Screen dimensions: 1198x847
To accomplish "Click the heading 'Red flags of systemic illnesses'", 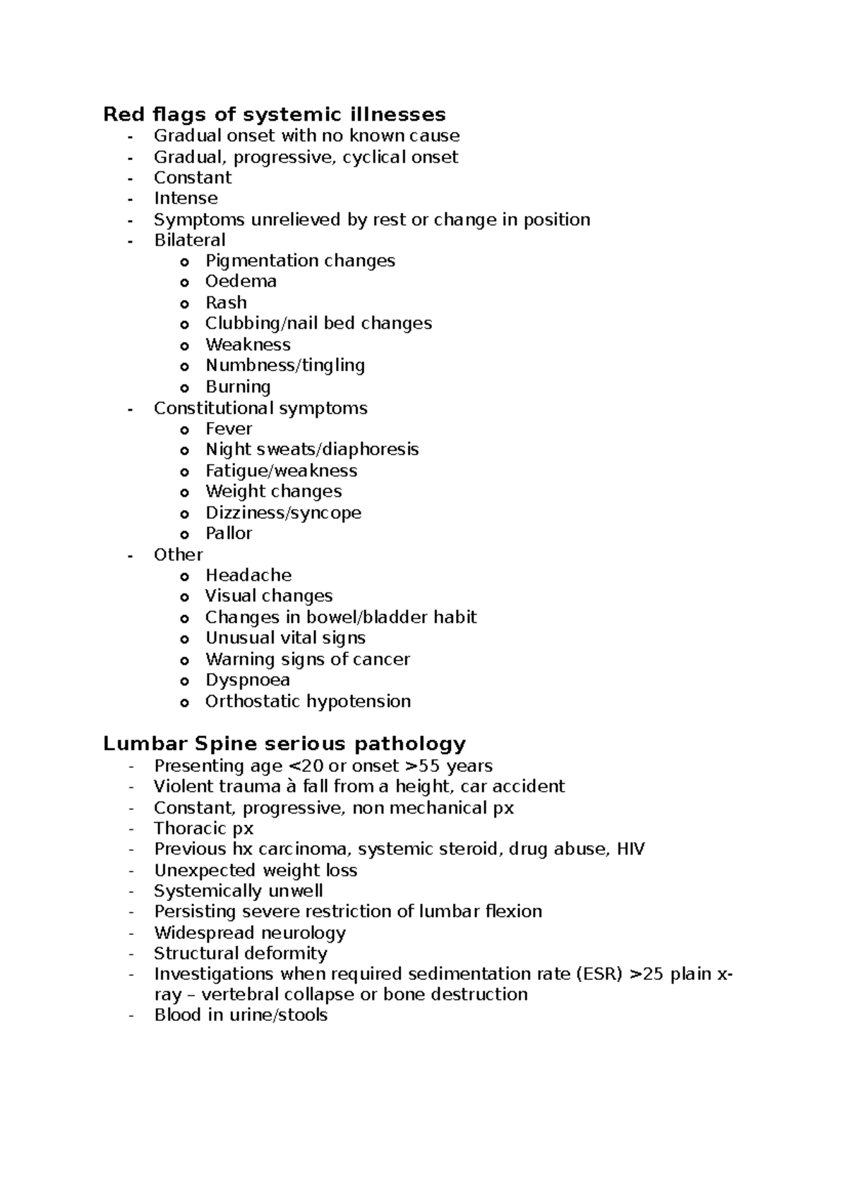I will (274, 114).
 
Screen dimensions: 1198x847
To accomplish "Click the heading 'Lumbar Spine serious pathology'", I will (284, 744).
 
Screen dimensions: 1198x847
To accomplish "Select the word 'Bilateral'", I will (189, 240).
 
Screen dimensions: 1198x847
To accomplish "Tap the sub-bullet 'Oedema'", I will (241, 282).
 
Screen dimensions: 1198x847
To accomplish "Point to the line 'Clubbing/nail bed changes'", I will (318, 323).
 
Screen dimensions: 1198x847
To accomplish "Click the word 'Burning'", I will (238, 387).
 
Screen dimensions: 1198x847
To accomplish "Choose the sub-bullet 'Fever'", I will (229, 429).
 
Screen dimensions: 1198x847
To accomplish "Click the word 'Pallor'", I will (229, 533).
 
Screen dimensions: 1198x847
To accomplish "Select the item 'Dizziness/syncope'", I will (283, 513).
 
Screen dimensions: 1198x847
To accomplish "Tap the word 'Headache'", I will (248, 575).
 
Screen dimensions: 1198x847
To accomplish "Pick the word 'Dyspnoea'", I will (247, 680).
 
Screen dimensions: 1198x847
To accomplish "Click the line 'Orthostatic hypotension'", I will (308, 701).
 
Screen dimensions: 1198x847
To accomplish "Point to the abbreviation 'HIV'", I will (630, 849).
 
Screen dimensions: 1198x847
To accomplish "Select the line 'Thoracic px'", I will (203, 828).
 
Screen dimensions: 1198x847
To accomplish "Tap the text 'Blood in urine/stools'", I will (241, 1015).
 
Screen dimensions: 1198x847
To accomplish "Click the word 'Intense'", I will (186, 198).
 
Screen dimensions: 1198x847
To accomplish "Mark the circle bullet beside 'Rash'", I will (184, 303).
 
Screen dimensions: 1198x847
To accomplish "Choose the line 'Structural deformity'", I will (240, 954).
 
